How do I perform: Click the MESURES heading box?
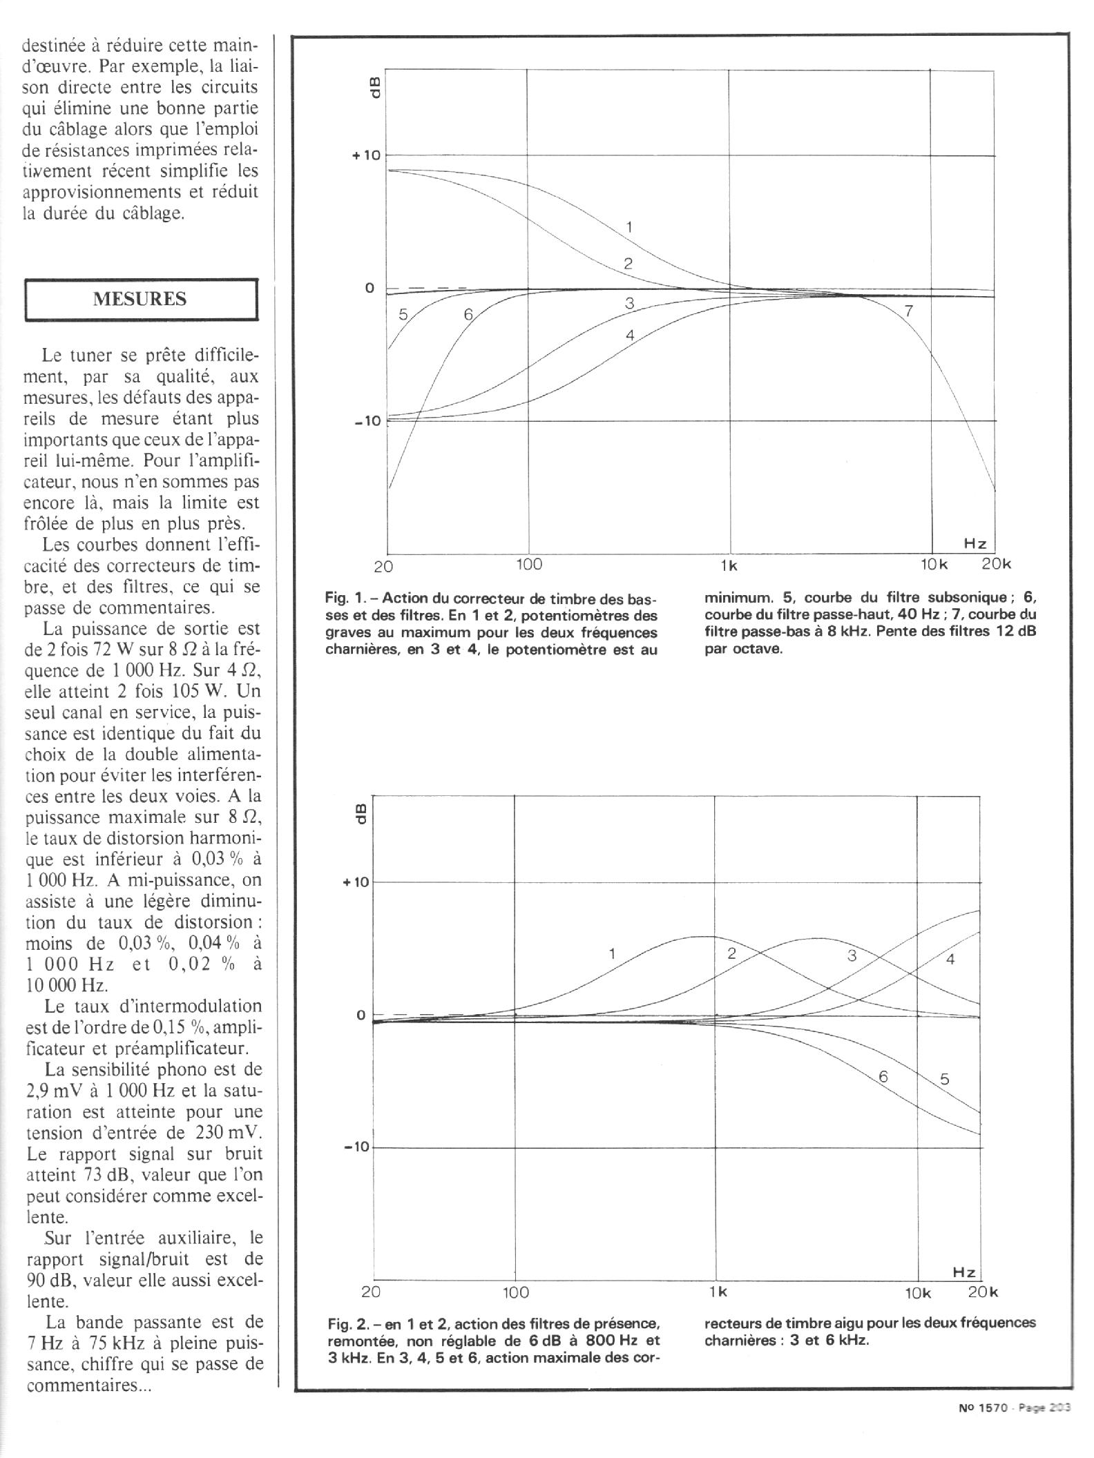pos(141,299)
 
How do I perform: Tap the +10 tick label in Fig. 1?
pos(366,155)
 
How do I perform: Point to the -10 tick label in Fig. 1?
pos(367,421)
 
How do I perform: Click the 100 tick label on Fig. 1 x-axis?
pos(529,565)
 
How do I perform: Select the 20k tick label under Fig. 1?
pos(996,564)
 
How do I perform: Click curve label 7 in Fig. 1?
pos(909,311)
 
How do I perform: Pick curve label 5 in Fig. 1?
pos(403,315)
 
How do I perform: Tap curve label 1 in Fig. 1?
pos(629,226)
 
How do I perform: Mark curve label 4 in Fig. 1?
pos(629,336)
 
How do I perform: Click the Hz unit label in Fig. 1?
pos(975,543)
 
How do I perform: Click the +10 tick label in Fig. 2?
pos(356,882)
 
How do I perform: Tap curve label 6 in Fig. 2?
pos(883,1096)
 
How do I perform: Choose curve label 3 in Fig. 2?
pos(852,955)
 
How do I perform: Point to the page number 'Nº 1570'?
pos(985,1408)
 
